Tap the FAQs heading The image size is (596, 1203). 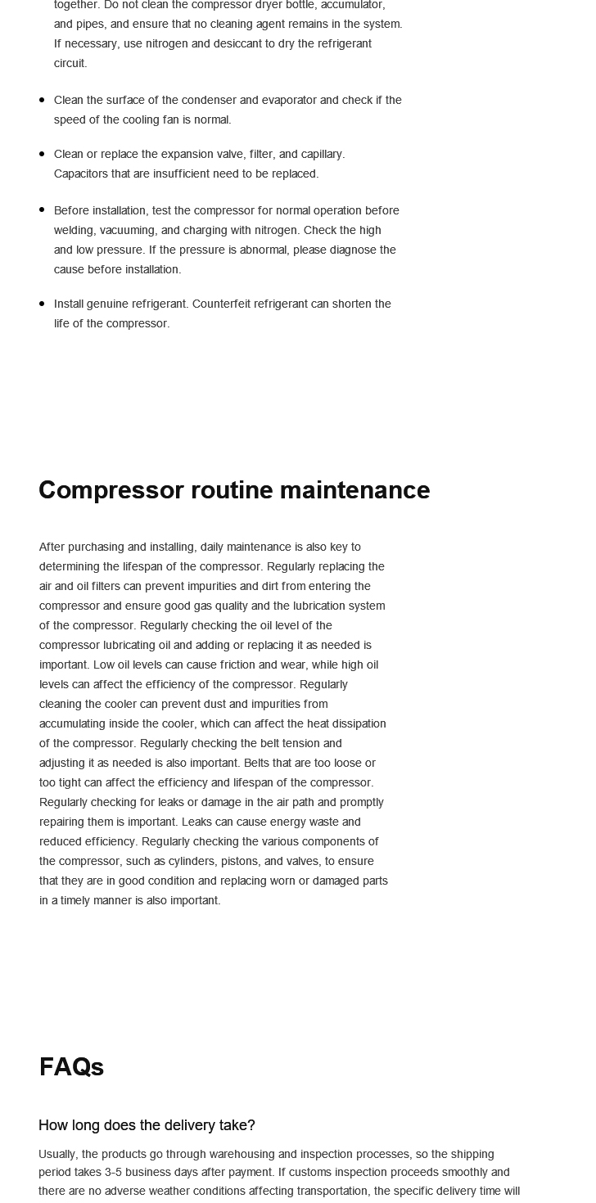(x=71, y=1067)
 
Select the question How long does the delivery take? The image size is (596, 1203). (x=147, y=1125)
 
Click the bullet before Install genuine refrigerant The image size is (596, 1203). (x=42, y=304)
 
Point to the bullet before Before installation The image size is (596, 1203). (x=42, y=210)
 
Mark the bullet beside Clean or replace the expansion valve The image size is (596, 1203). (x=42, y=154)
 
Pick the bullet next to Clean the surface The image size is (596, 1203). (x=42, y=100)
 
